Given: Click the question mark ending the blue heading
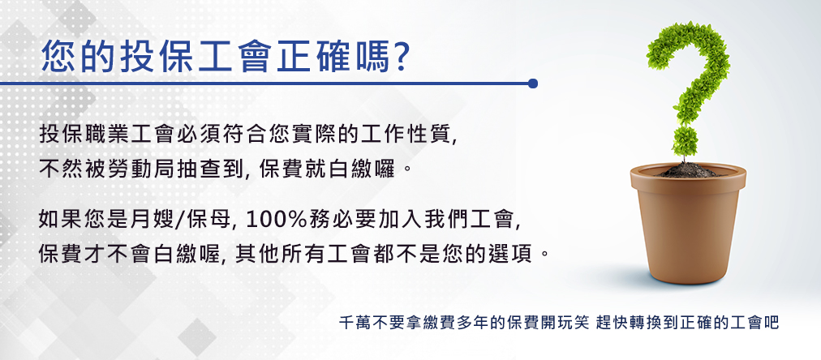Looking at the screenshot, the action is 399,56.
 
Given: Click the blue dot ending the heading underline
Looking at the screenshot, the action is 533,84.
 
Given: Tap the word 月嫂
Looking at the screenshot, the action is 151,219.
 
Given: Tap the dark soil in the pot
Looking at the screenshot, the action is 687,170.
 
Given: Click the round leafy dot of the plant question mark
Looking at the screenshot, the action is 685,141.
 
